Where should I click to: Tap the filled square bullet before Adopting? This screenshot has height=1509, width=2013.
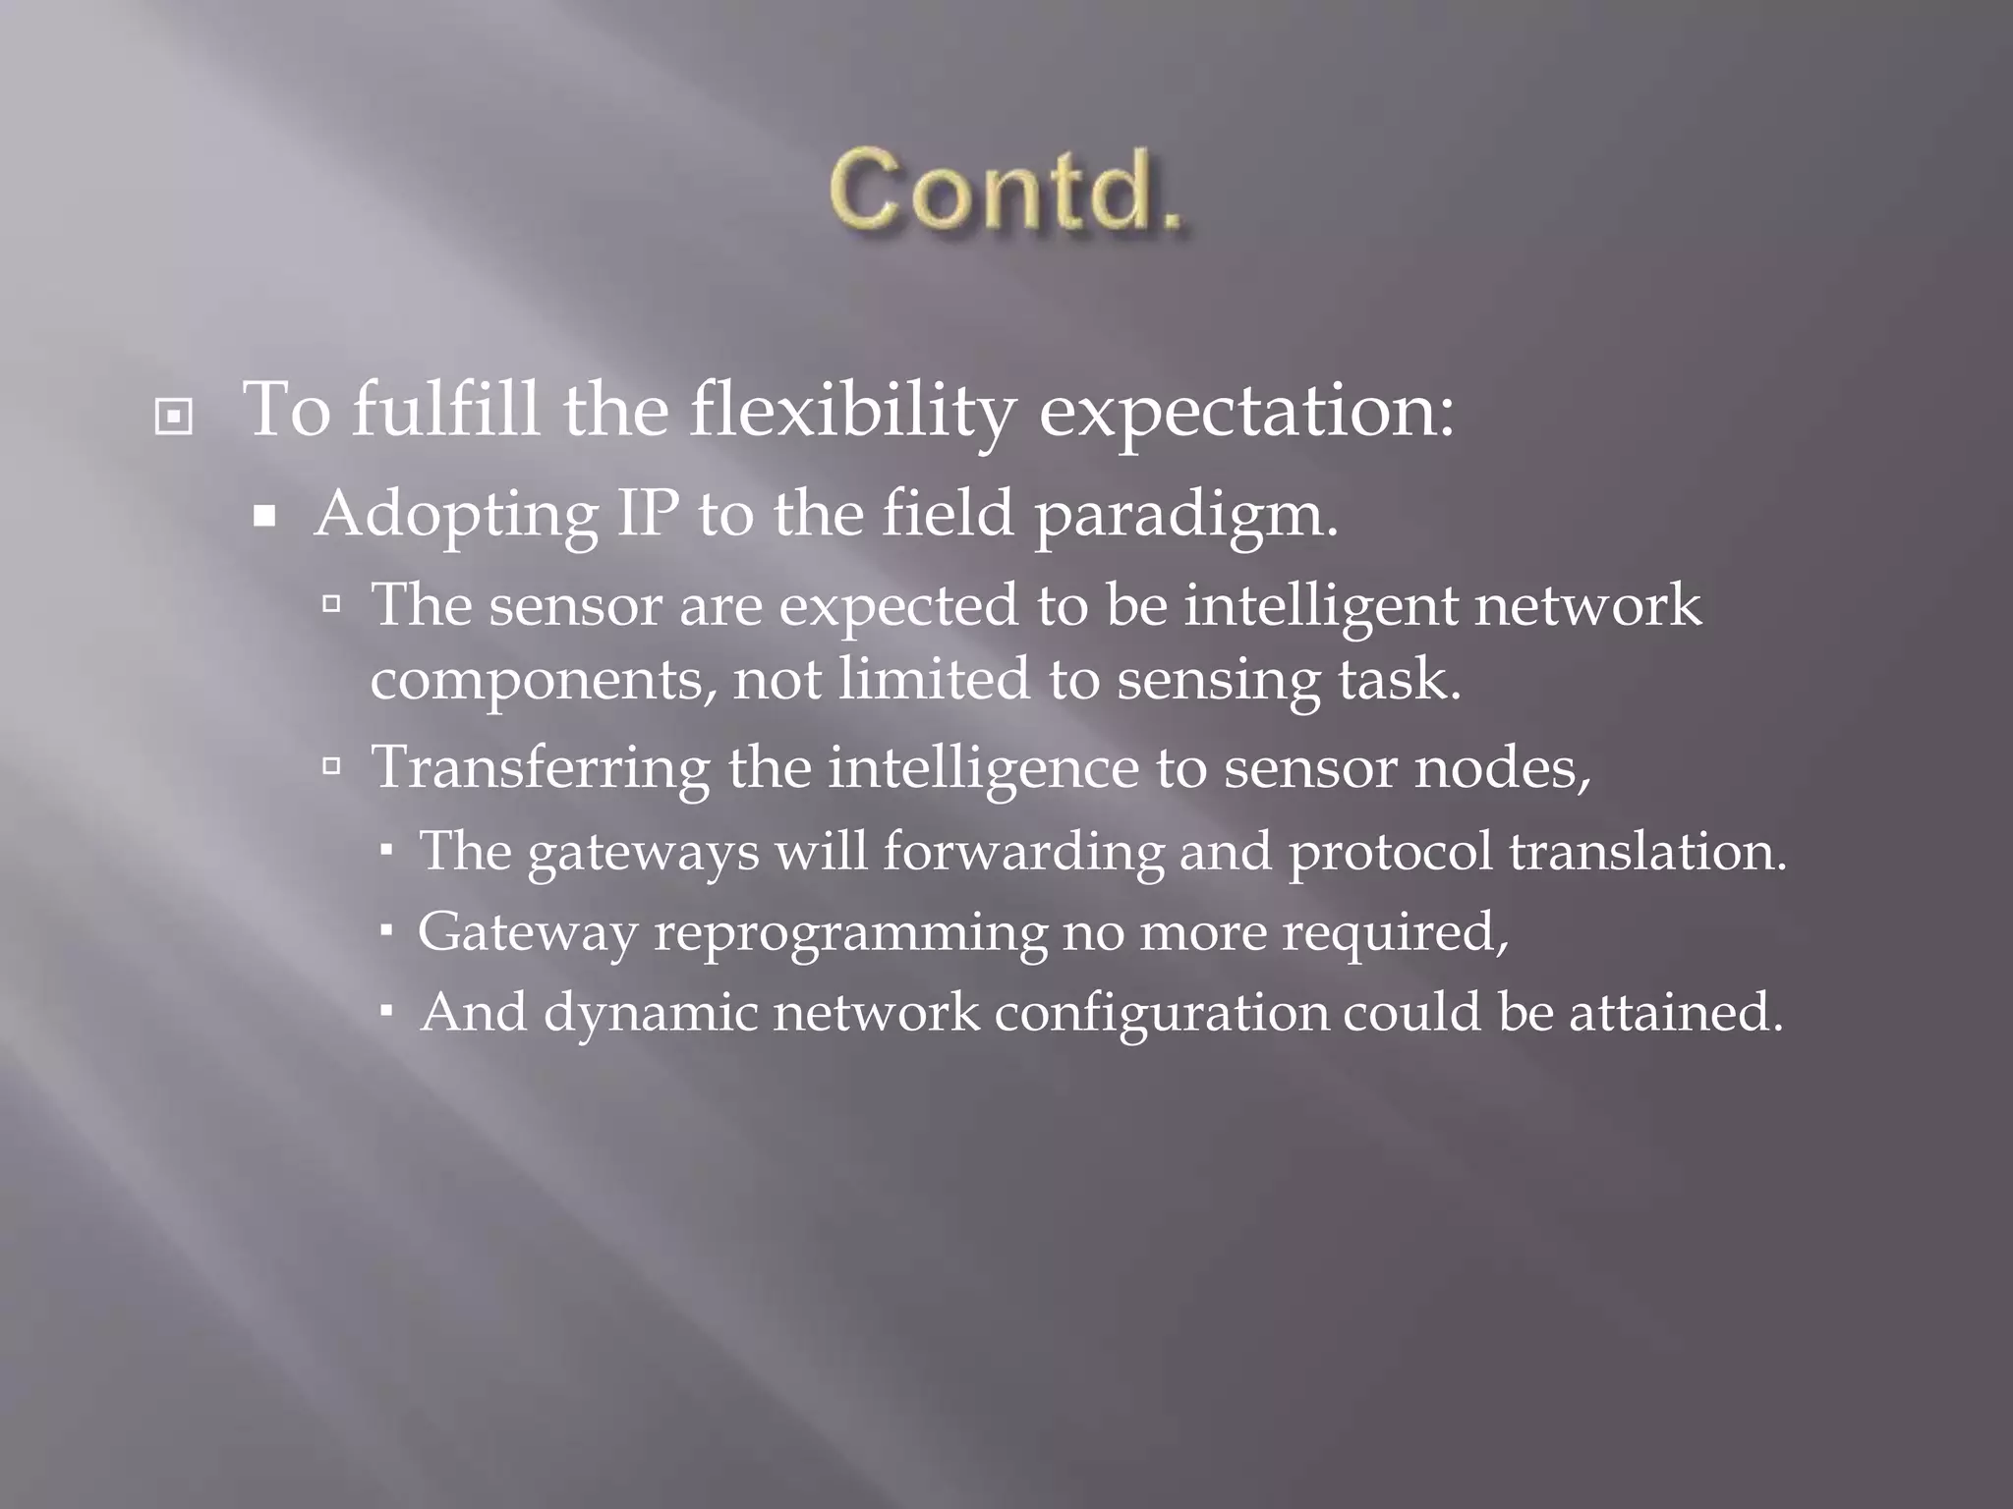pyautogui.click(x=263, y=516)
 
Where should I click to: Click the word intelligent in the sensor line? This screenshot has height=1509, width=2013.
pyautogui.click(x=1320, y=605)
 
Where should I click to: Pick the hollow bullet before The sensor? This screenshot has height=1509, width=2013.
pyautogui.click(x=331, y=602)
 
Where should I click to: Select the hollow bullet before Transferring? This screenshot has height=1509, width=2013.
pyautogui.click(x=331, y=764)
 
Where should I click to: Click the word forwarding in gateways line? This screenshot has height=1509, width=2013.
pyautogui.click(x=1022, y=852)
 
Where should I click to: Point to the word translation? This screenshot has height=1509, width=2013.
pyautogui.click(x=1647, y=851)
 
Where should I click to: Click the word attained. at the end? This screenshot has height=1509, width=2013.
pyautogui.click(x=1675, y=1013)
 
